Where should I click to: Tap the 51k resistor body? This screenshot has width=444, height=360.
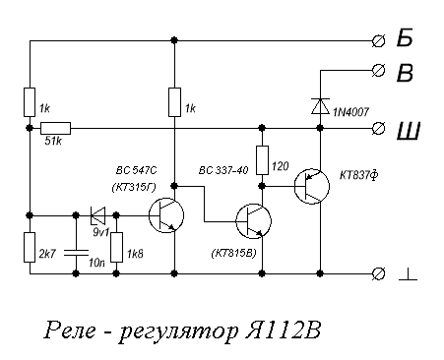[55, 128]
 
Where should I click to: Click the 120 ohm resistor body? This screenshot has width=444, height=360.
[263, 158]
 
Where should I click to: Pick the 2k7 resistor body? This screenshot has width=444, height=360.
[30, 248]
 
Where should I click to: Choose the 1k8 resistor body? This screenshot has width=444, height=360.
[116, 248]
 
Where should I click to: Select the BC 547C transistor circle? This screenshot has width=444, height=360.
[167, 213]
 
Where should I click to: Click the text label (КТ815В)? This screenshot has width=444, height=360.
[234, 253]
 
